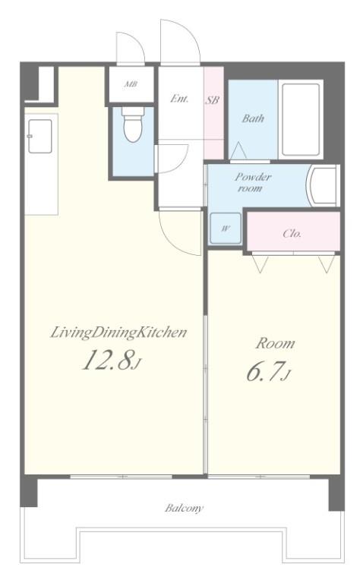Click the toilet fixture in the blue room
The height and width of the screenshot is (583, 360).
click(x=133, y=124)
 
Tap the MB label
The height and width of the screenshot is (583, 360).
click(x=131, y=84)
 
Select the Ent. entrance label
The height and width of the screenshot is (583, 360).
click(x=180, y=99)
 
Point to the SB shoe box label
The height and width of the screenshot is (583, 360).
click(x=213, y=99)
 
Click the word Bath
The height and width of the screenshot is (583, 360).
click(x=253, y=118)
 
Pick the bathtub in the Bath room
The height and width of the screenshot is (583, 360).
click(x=301, y=120)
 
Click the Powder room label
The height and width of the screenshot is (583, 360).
click(x=252, y=182)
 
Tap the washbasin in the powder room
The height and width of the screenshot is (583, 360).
click(x=323, y=186)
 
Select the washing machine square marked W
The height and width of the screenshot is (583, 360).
click(x=226, y=228)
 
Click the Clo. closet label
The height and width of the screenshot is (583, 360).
click(x=292, y=234)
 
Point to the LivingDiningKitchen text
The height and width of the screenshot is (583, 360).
click(x=118, y=332)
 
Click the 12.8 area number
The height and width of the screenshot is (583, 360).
click(x=107, y=361)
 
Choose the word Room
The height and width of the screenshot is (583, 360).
click(x=275, y=343)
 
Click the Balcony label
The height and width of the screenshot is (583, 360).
click(x=184, y=508)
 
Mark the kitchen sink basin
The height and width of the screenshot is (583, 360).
click(x=39, y=136)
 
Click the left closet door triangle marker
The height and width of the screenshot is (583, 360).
click(x=261, y=263)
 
